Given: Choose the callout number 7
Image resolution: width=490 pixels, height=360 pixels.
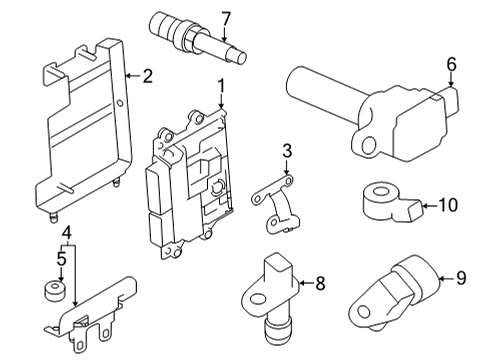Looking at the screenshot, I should tap(226, 17).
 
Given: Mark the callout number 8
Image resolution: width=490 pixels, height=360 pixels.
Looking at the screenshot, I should tap(320, 284).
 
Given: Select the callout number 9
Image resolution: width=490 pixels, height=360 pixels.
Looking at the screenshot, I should tap(461, 279).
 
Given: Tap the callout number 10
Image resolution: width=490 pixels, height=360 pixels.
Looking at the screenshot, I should tap(447, 207).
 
